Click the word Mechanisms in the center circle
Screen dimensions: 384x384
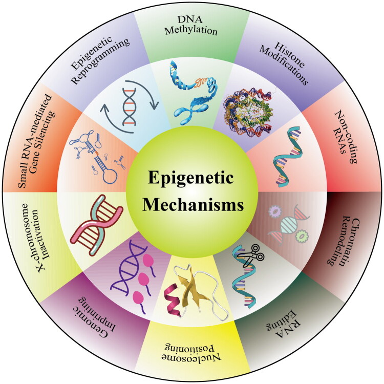tap(191, 205)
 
